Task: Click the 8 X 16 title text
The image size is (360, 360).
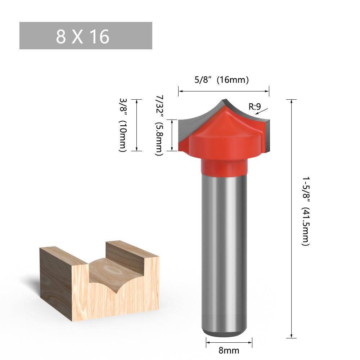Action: click(x=83, y=36)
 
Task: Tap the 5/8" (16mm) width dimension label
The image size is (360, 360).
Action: click(x=221, y=80)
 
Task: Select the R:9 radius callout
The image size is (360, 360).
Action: click(x=255, y=107)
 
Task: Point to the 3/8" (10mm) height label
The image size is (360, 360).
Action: click(x=123, y=125)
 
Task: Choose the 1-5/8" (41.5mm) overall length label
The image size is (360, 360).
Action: click(x=306, y=211)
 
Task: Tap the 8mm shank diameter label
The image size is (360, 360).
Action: click(x=229, y=351)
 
